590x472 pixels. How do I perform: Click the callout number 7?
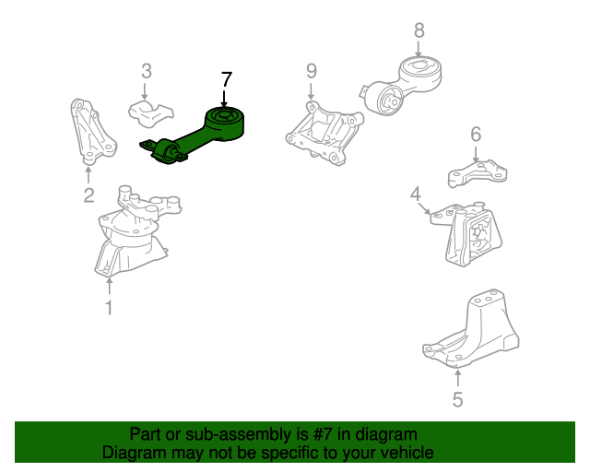(227, 80)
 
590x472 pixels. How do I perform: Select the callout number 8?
(419, 30)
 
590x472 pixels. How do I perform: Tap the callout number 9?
(312, 71)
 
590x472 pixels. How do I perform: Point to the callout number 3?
(147, 71)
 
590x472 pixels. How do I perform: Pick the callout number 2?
(88, 195)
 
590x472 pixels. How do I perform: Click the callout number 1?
(109, 308)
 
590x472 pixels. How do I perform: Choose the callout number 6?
(476, 134)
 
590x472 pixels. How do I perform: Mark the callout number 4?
(416, 195)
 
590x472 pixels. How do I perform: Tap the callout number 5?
(457, 399)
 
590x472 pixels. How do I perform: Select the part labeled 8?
(403, 86)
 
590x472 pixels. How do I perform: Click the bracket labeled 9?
(324, 134)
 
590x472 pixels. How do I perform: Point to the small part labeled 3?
(150, 113)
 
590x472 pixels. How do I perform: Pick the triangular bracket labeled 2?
(92, 132)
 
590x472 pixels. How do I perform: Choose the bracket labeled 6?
(478, 173)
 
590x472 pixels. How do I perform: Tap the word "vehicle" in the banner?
(410, 452)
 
